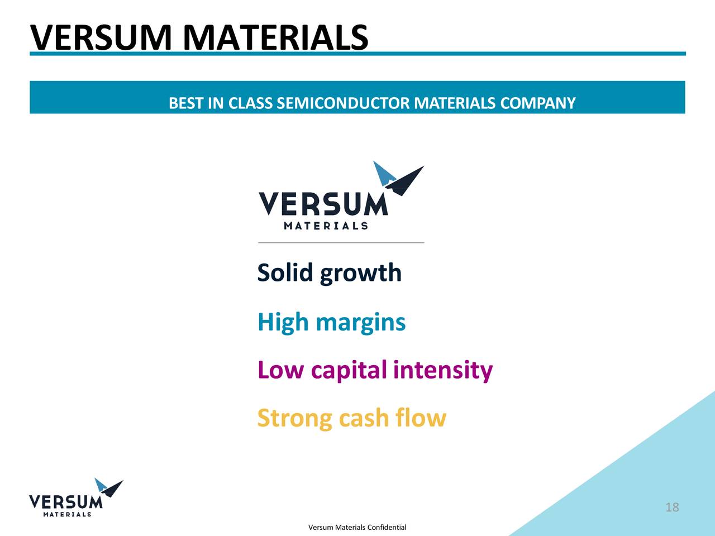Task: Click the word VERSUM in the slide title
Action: point(101,38)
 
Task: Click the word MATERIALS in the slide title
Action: point(275,38)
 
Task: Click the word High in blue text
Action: point(283,323)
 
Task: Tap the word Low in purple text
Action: point(280,370)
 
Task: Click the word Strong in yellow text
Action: point(294,419)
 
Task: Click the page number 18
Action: point(672,507)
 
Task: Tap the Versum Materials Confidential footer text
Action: point(357,527)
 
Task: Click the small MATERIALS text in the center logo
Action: point(326,226)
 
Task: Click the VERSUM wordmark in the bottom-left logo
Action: point(65,502)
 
